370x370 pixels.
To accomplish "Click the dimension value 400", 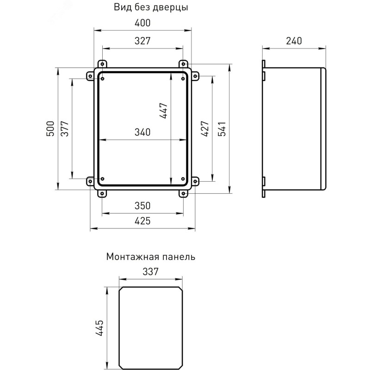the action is pyautogui.click(x=142, y=23).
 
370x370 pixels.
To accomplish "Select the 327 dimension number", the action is pyautogui.click(x=142, y=41).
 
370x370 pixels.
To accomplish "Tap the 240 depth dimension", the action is pyautogui.click(x=294, y=41).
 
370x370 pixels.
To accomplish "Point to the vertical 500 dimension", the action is pyautogui.click(x=50, y=129).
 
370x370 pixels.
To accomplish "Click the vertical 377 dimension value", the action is pyautogui.click(x=65, y=129).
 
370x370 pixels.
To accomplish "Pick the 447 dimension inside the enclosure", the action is pyautogui.click(x=163, y=111).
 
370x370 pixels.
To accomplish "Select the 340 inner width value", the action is pyautogui.click(x=142, y=132).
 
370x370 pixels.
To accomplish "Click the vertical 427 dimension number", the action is pyautogui.click(x=205, y=129).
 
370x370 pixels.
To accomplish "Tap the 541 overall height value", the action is pyautogui.click(x=222, y=129).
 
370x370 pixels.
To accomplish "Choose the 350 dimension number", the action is pyautogui.click(x=142, y=206).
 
